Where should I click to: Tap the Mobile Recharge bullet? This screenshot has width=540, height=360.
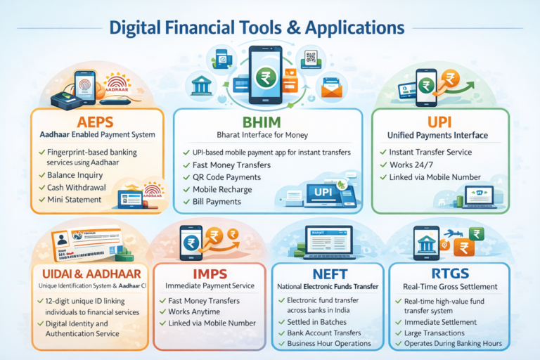(x=222, y=190)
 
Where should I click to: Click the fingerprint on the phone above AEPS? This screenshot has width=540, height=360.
(x=84, y=87)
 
